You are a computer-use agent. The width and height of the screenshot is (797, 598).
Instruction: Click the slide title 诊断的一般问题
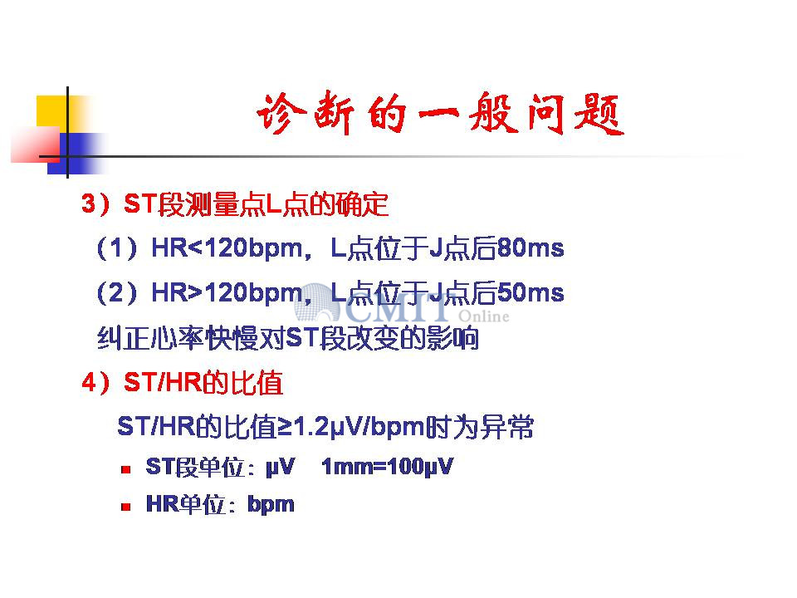click(440, 114)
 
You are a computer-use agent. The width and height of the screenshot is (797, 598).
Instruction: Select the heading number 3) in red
click(95, 204)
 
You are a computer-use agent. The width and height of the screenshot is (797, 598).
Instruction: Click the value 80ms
click(531, 248)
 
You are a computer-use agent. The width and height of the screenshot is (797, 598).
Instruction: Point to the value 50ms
click(531, 292)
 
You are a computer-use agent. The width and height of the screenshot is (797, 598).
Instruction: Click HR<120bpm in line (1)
click(227, 248)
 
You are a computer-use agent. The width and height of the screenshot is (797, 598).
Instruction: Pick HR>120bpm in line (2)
click(227, 293)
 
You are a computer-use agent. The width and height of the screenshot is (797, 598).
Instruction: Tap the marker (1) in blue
click(117, 248)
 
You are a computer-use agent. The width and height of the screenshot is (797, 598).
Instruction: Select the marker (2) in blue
click(117, 293)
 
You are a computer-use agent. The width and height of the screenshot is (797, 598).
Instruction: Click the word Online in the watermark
click(483, 316)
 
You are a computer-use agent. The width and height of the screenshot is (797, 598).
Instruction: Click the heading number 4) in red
click(95, 382)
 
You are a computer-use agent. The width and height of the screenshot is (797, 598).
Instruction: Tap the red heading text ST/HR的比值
click(203, 382)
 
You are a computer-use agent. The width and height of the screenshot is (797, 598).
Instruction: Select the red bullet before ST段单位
click(126, 469)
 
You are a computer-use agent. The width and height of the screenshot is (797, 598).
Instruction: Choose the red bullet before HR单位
click(126, 507)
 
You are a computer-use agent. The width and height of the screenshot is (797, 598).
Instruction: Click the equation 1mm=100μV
click(387, 467)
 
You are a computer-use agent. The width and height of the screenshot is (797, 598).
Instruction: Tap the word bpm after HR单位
click(271, 505)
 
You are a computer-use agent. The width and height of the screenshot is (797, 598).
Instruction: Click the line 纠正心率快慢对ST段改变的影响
click(288, 339)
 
